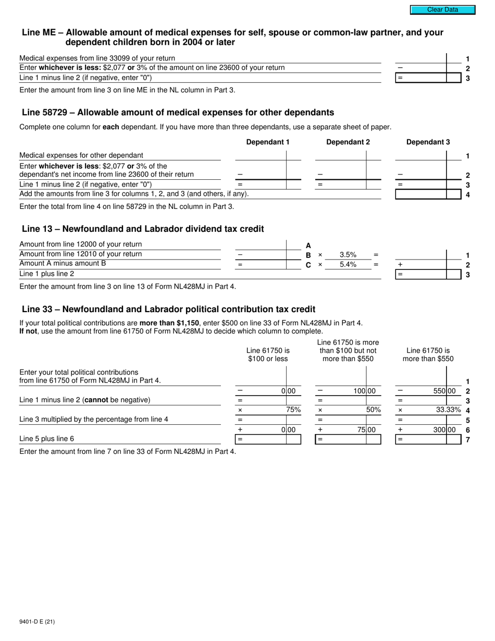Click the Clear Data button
[442, 9]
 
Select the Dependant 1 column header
[267, 142]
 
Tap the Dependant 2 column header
[348, 142]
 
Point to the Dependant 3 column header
[428, 142]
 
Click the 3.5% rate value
[348, 255]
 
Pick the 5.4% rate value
[348, 265]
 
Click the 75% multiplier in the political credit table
[293, 410]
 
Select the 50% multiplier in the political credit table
[373, 410]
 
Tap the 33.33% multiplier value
[448, 410]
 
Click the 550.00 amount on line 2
[444, 391]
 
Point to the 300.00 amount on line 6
[444, 430]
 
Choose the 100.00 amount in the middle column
[364, 391]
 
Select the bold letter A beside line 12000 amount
[308, 245]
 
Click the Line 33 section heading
[168, 309]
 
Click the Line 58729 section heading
[178, 113]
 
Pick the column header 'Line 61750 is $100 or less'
[268, 355]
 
